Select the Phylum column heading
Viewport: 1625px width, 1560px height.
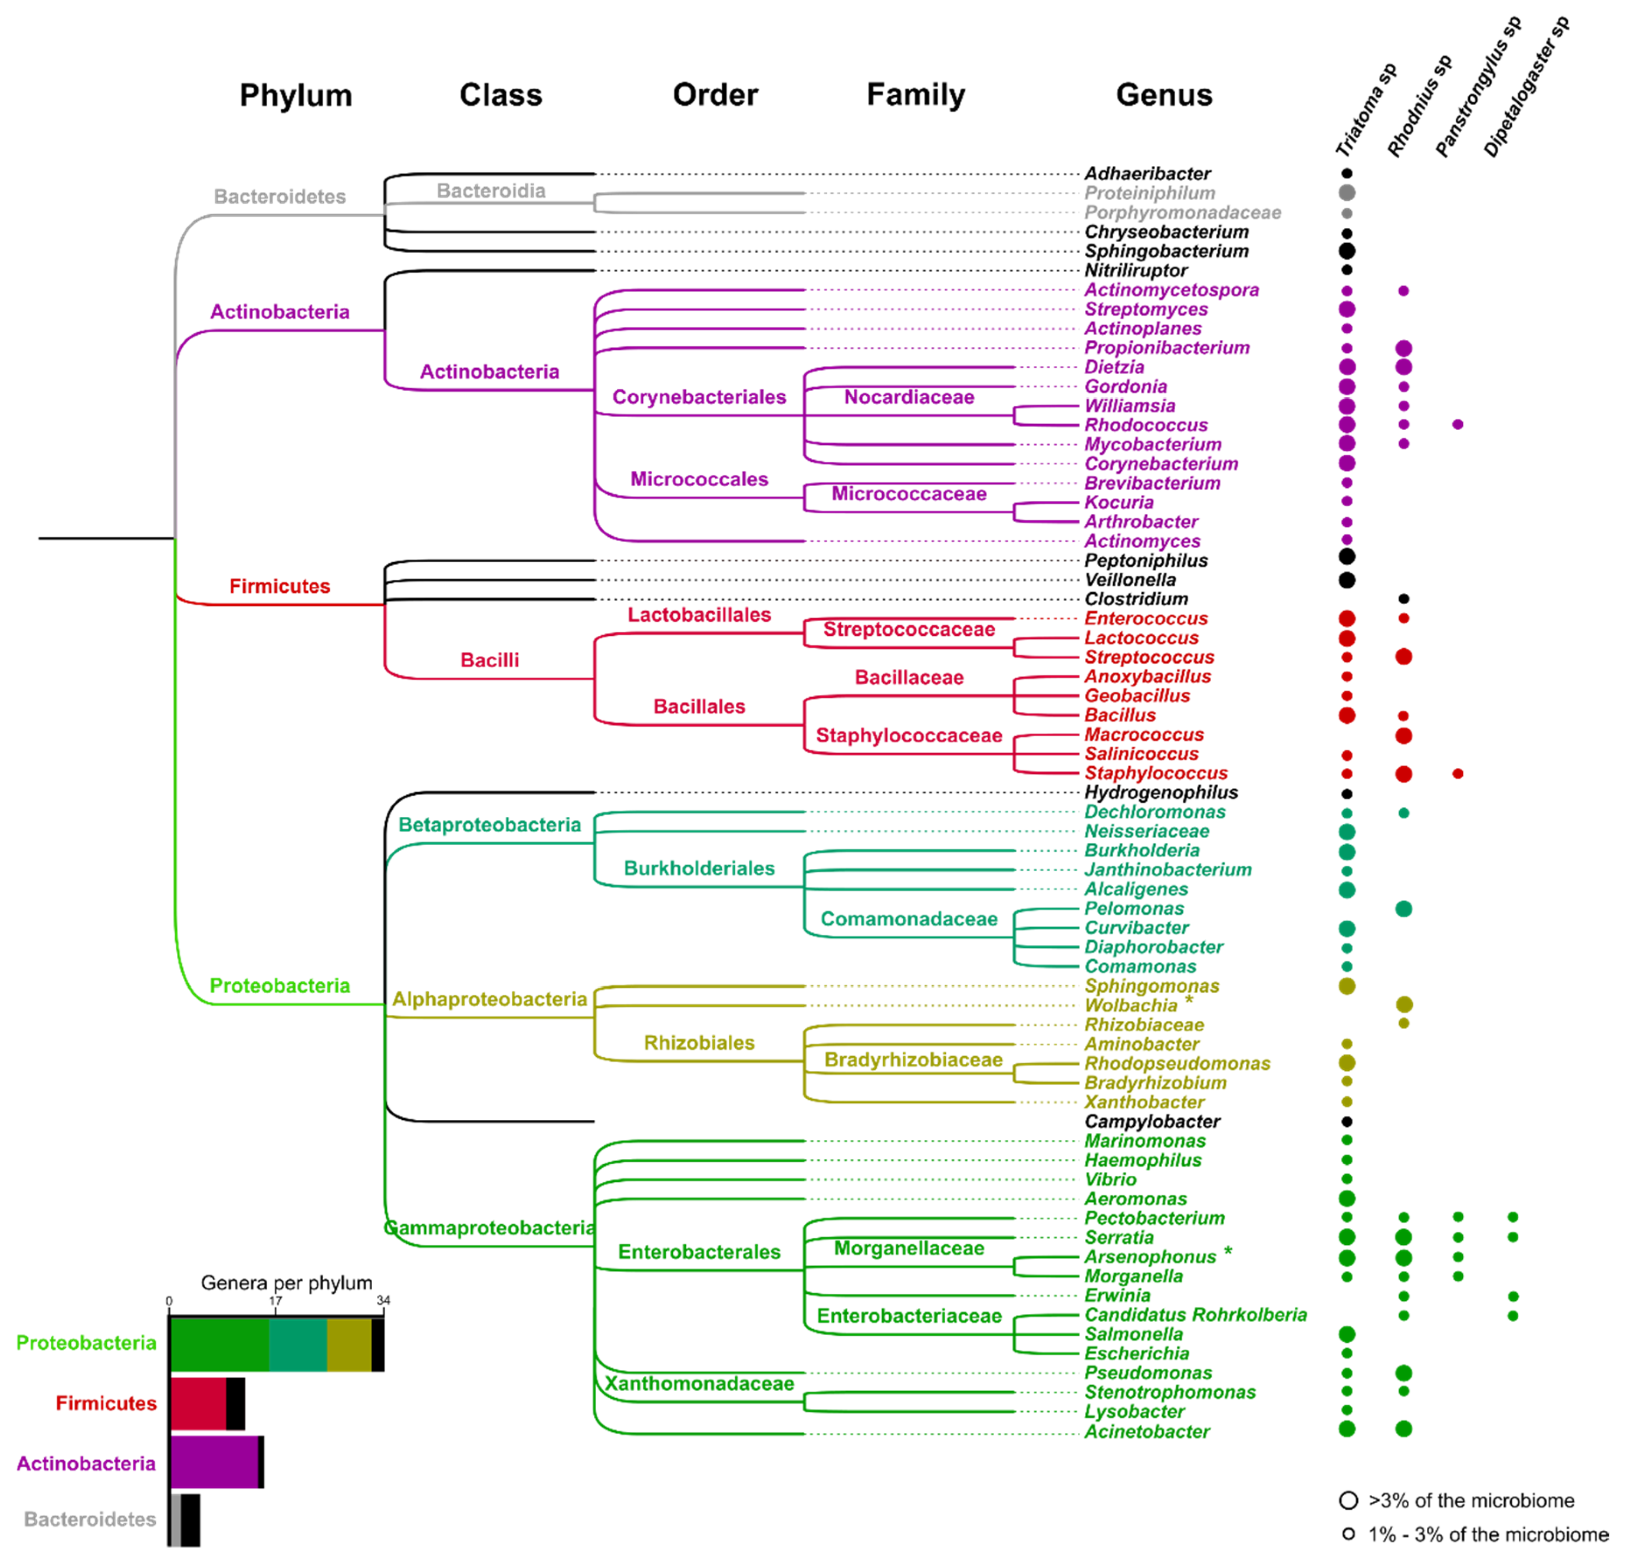[296, 95]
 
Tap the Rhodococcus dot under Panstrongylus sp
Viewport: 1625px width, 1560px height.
[1457, 425]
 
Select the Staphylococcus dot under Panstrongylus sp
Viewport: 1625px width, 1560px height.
[1457, 773]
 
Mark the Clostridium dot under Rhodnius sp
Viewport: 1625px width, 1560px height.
[1404, 599]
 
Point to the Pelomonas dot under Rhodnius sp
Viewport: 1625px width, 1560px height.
[1404, 909]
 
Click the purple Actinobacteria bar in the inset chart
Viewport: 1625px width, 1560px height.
[214, 1463]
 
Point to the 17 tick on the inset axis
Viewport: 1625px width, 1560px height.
[275, 1301]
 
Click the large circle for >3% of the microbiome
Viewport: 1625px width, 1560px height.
[1349, 1500]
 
